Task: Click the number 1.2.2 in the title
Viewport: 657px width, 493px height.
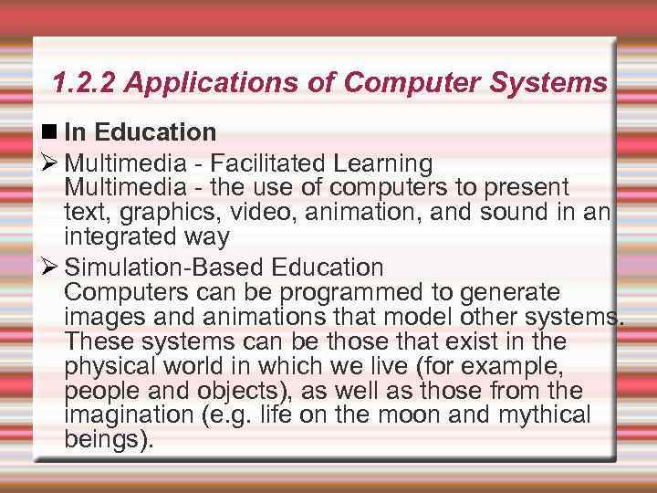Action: coord(86,84)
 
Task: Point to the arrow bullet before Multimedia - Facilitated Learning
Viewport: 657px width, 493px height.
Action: coord(51,164)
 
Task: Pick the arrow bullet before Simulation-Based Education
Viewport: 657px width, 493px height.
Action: coord(51,268)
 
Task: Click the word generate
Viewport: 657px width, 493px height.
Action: coord(505,293)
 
